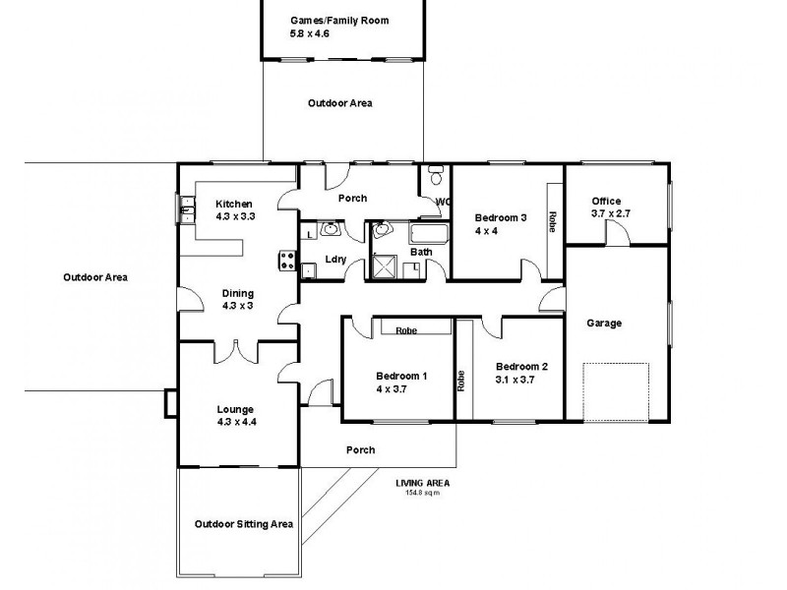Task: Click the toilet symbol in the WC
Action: pyautogui.click(x=435, y=179)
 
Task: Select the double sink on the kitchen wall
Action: pyautogui.click(x=184, y=209)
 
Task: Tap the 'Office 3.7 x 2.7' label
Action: pyautogui.click(x=606, y=207)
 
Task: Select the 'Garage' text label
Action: pyautogui.click(x=603, y=323)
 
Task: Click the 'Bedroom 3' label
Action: pyautogui.click(x=501, y=217)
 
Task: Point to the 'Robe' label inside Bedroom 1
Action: pyautogui.click(x=405, y=330)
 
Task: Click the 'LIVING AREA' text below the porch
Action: pyautogui.click(x=423, y=483)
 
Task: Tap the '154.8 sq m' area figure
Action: pyautogui.click(x=423, y=493)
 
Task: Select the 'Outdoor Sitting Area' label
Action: pyautogui.click(x=244, y=524)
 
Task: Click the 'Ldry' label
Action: pyautogui.click(x=334, y=260)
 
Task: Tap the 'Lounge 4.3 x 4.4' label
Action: pyautogui.click(x=236, y=415)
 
